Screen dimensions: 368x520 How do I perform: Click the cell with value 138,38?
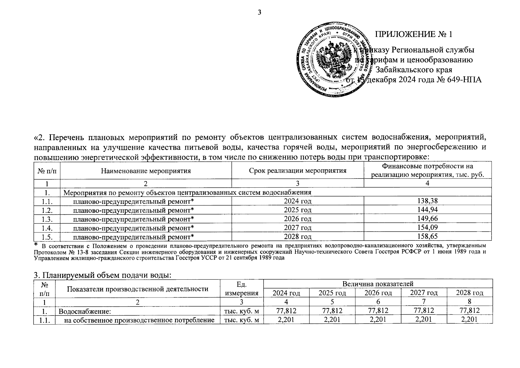click(x=427, y=201)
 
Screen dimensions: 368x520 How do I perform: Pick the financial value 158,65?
click(x=427, y=236)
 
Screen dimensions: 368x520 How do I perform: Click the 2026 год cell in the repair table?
click(x=297, y=219)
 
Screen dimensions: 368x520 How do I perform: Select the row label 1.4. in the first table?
click(x=47, y=228)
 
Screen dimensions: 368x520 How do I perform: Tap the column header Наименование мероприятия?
click(x=146, y=171)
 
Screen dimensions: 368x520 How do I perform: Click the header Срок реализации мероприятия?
click(x=297, y=171)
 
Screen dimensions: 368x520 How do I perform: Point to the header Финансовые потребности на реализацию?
click(x=427, y=171)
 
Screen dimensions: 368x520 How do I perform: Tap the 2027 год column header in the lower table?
click(x=423, y=293)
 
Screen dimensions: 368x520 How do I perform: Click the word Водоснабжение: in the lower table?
click(x=84, y=311)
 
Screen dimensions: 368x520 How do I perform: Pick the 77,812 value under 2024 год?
click(x=286, y=311)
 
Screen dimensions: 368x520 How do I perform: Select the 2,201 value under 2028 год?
click(x=469, y=320)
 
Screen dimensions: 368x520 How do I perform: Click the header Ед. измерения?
click(x=241, y=289)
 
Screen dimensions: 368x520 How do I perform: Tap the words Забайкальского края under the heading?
click(x=414, y=70)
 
